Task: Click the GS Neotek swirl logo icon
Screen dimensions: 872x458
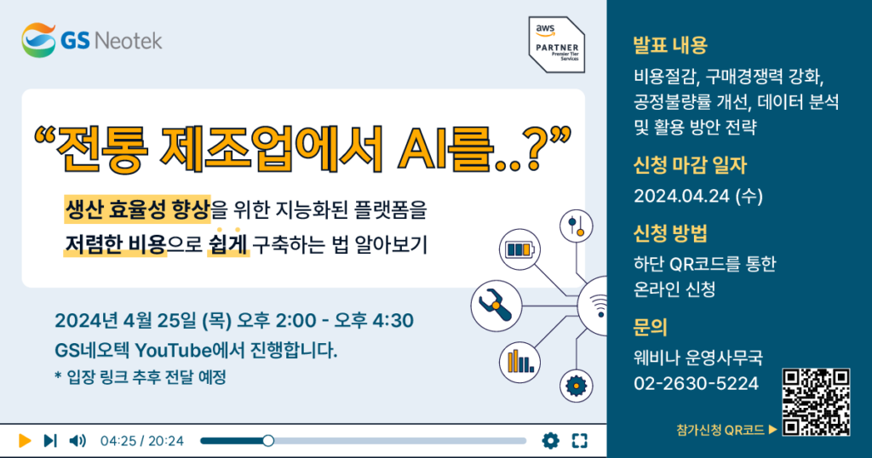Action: click(x=38, y=40)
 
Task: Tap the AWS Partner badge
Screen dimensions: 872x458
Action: click(x=557, y=44)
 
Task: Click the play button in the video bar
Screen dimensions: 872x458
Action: click(x=25, y=441)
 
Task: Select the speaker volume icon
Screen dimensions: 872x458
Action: click(x=77, y=441)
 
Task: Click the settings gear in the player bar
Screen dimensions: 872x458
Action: click(x=551, y=441)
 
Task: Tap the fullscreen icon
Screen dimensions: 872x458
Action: click(x=579, y=441)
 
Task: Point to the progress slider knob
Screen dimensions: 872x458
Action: click(x=268, y=441)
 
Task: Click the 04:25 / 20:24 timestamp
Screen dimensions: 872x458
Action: click(x=142, y=441)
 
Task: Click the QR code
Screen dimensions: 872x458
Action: click(x=816, y=402)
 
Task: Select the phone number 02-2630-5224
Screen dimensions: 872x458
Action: click(x=696, y=384)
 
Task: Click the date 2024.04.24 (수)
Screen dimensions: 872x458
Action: click(x=698, y=196)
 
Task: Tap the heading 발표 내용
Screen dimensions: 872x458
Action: click(x=670, y=45)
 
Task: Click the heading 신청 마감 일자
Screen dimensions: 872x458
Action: click(x=690, y=165)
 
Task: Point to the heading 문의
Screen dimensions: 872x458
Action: click(x=650, y=327)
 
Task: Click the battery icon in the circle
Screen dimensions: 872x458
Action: click(x=519, y=249)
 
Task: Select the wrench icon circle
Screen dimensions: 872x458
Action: click(x=496, y=306)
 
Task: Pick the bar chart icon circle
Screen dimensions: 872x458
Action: click(x=519, y=363)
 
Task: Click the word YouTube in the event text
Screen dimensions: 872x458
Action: click(x=174, y=351)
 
